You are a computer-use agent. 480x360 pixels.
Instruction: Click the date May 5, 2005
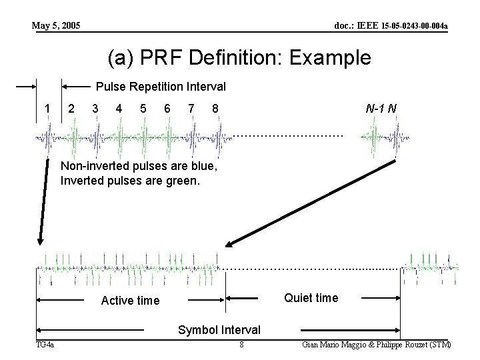coord(57,26)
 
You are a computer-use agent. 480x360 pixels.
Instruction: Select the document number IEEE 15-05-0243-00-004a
coord(390,26)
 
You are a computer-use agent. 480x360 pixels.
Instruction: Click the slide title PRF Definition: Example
coord(239,57)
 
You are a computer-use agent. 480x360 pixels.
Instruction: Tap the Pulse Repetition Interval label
coord(161,87)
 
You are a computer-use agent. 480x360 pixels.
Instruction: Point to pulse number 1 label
coord(47,108)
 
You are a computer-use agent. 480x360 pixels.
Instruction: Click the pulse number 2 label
coord(71,108)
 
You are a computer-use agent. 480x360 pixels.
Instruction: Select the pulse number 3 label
coord(95,108)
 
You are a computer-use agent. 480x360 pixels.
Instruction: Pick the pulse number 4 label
coord(119,108)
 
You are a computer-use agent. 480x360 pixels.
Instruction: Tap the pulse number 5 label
coord(143,108)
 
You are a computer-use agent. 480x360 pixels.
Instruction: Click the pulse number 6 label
coord(167,108)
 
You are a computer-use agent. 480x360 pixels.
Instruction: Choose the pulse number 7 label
coord(191,108)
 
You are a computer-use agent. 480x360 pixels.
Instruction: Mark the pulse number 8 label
coord(214,108)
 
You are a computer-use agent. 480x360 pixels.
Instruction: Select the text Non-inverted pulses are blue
coord(139,166)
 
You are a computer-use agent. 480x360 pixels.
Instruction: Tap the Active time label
coord(130,301)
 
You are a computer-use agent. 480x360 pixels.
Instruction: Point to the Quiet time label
coord(311,298)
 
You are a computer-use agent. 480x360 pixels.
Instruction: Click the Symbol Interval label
coord(219,330)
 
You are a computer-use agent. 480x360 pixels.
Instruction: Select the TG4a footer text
coord(45,345)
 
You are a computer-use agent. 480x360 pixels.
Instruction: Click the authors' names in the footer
coord(376,345)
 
